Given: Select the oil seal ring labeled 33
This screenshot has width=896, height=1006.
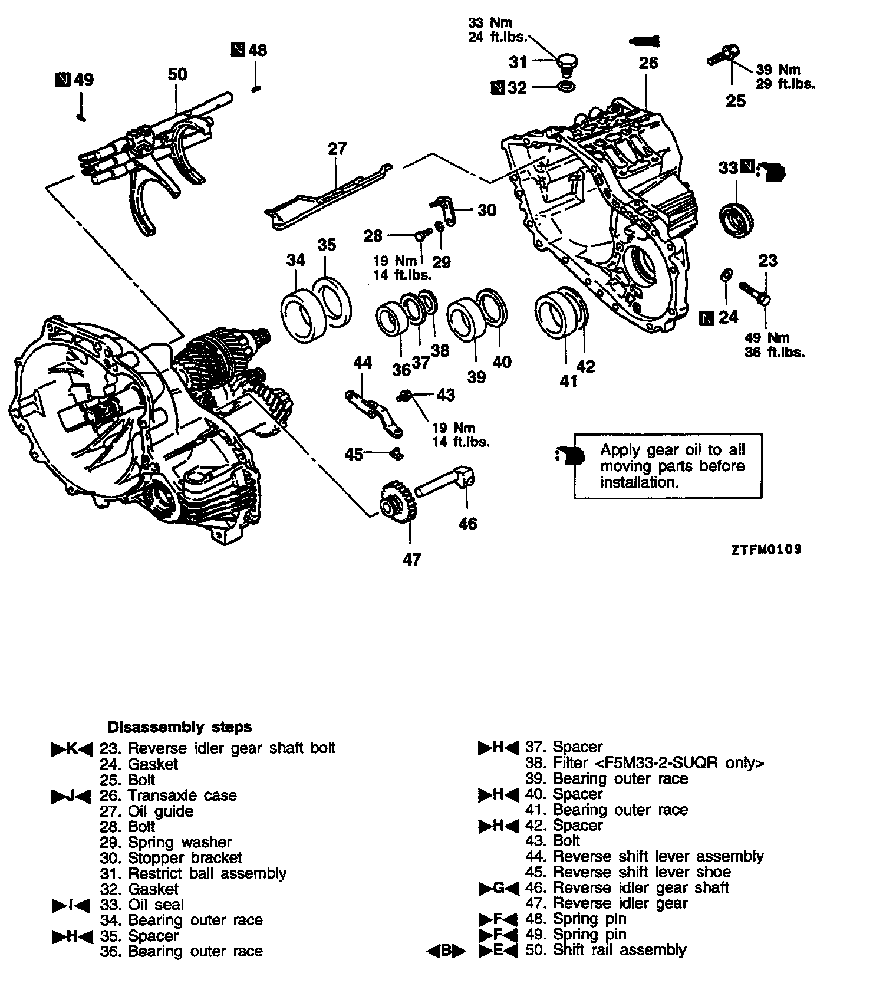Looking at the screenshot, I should pyautogui.click(x=738, y=219).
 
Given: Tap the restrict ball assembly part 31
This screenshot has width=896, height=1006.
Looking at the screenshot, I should pyautogui.click(x=566, y=64).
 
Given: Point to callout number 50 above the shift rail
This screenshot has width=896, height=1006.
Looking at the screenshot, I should pyautogui.click(x=177, y=74).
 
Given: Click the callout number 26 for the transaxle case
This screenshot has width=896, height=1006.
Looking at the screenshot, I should pyautogui.click(x=648, y=63).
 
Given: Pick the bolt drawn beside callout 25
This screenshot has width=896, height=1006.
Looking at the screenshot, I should pyautogui.click(x=722, y=57).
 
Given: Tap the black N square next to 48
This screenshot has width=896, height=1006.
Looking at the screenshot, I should pyautogui.click(x=238, y=50).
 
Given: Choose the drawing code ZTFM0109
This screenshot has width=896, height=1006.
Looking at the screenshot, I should pyautogui.click(x=766, y=550).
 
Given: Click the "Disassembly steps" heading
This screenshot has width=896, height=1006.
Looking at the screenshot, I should pyautogui.click(x=180, y=726).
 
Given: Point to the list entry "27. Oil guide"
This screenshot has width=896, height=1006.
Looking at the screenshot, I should pyautogui.click(x=147, y=811).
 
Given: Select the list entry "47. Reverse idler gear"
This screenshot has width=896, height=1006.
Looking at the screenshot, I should pyautogui.click(x=607, y=903).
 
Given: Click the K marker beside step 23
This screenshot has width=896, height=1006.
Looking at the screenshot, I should pyautogui.click(x=72, y=748).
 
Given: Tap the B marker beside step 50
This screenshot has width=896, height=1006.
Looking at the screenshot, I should pyautogui.click(x=446, y=950).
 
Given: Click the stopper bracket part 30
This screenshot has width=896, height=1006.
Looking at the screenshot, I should pyautogui.click(x=446, y=209).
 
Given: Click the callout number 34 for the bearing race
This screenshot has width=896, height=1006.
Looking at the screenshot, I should pyautogui.click(x=297, y=259).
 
